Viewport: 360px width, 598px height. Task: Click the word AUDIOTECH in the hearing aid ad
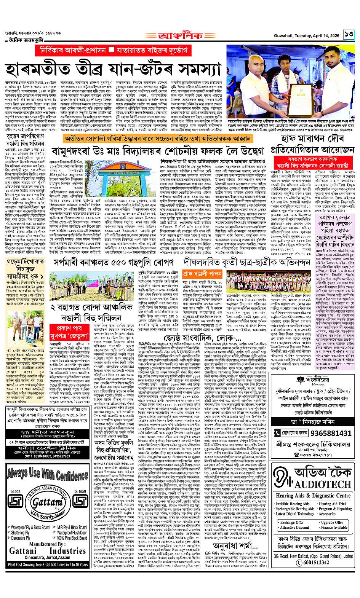point(323,484)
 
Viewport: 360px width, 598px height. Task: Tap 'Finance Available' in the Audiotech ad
point(334,528)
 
